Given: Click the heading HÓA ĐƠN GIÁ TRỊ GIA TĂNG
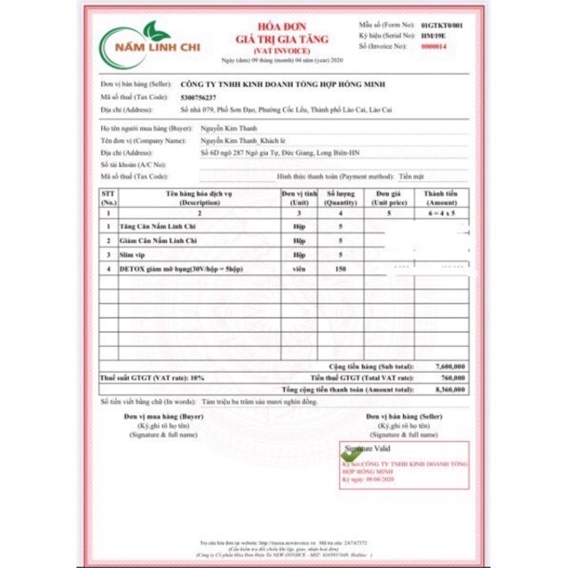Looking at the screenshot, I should (281, 35).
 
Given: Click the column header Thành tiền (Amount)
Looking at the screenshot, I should (439, 197).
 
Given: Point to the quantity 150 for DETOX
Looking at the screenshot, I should (340, 267).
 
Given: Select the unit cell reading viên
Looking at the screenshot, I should (299, 267).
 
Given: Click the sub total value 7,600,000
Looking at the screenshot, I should (451, 366).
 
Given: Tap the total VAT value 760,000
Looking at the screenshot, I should (454, 378).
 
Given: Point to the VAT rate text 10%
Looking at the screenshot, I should (196, 378).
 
